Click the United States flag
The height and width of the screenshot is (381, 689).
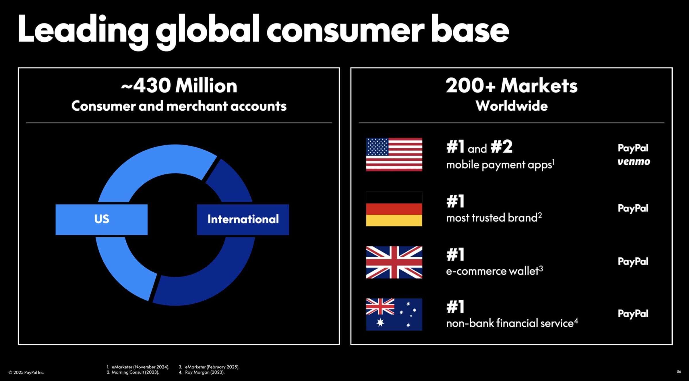pyautogui.click(x=394, y=154)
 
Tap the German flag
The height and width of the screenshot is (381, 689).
pyautogui.click(x=394, y=209)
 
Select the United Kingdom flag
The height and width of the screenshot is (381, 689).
pyautogui.click(x=394, y=262)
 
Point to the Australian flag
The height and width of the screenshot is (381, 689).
pyautogui.click(x=394, y=314)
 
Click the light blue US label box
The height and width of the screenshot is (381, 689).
pyautogui.click(x=102, y=220)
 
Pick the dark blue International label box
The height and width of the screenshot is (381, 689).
pyautogui.click(x=243, y=220)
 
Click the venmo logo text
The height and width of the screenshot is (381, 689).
pyautogui.click(x=634, y=161)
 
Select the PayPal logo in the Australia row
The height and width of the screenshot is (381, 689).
pyautogui.click(x=633, y=314)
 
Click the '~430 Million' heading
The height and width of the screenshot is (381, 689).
pyautogui.click(x=179, y=86)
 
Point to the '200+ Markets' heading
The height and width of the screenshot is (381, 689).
pyautogui.click(x=511, y=86)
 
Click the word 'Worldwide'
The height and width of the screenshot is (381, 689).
pyautogui.click(x=512, y=106)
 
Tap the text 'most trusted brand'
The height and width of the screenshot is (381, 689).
pyautogui.click(x=492, y=218)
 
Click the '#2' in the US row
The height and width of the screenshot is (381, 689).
pyautogui.click(x=502, y=147)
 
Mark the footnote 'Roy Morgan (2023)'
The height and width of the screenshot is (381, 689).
pyautogui.click(x=205, y=372)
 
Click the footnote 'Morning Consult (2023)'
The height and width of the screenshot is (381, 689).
pyautogui.click(x=135, y=372)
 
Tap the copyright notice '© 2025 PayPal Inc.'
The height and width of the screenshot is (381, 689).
pyautogui.click(x=26, y=373)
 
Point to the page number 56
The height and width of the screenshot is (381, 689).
pyautogui.click(x=679, y=372)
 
